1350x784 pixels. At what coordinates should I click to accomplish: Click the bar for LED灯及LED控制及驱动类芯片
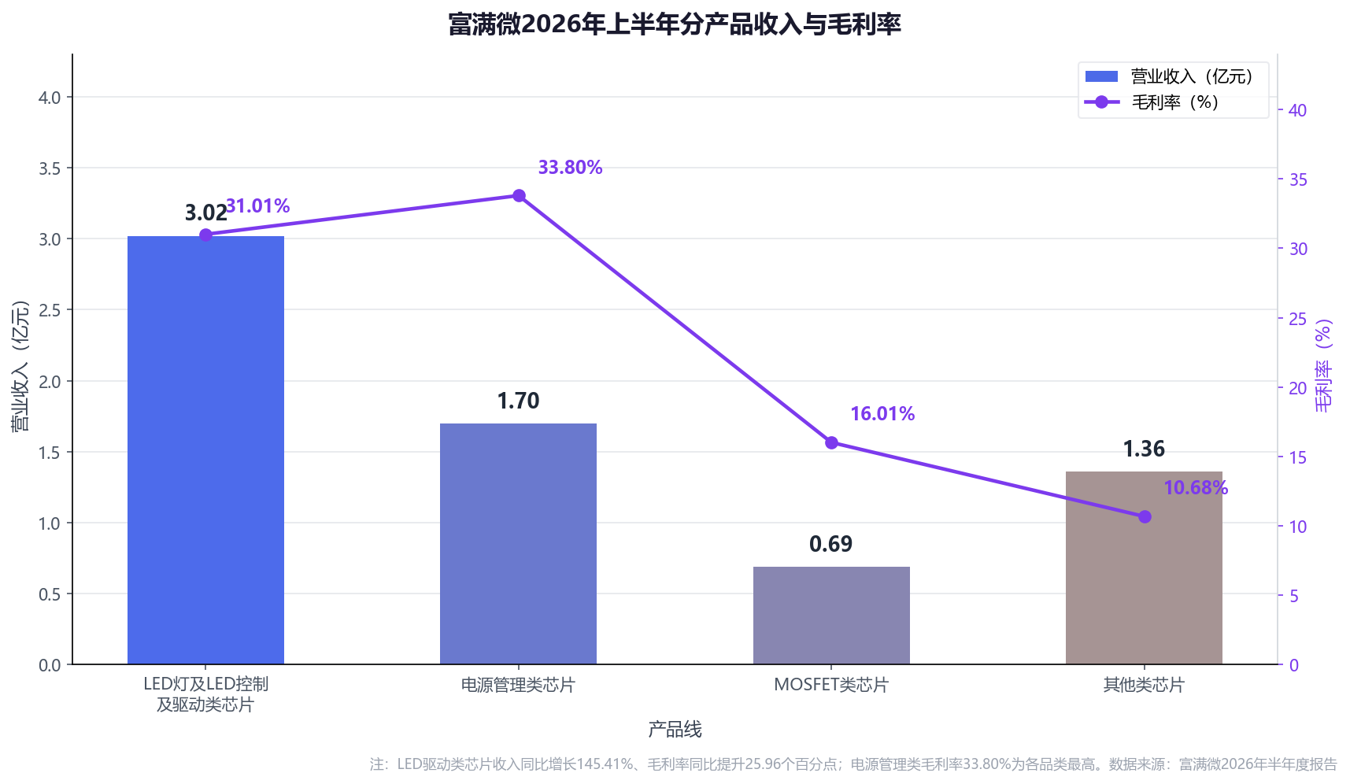click(x=205, y=450)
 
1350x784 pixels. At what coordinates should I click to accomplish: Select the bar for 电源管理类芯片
click(x=518, y=544)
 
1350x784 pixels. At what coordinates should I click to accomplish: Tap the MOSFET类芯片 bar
click(x=831, y=616)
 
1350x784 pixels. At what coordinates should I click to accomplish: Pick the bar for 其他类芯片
click(x=1144, y=568)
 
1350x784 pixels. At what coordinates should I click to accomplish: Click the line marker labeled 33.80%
click(x=519, y=195)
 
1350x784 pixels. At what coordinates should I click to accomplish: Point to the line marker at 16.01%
click(x=831, y=442)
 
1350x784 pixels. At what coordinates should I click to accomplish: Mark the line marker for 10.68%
click(x=1145, y=516)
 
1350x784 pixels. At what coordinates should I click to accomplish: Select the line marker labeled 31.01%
click(x=205, y=235)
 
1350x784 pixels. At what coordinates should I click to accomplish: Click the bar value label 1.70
click(x=518, y=401)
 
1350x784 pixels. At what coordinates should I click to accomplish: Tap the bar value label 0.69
click(x=831, y=544)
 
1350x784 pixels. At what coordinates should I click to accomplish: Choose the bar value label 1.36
click(x=1144, y=449)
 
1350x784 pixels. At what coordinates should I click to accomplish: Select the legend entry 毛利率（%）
click(x=1152, y=102)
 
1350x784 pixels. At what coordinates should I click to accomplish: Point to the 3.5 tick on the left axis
click(x=50, y=168)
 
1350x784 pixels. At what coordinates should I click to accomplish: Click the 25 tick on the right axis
click(x=1297, y=319)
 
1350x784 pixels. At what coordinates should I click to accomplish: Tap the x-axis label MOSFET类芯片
click(x=831, y=685)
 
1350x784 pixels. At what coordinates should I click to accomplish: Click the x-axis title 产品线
click(x=675, y=730)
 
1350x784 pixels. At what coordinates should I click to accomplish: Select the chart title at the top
click(x=675, y=24)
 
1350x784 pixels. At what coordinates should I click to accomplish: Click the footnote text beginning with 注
click(x=853, y=764)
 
